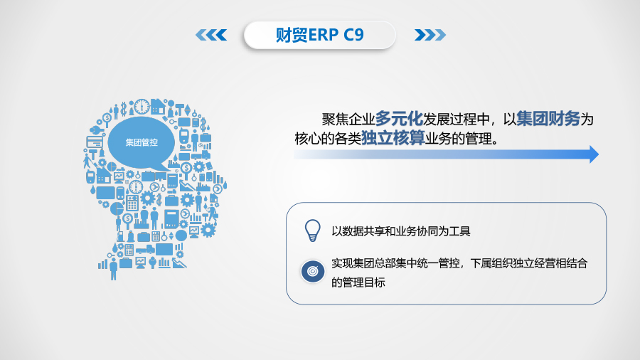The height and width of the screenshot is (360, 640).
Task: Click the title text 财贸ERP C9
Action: [319, 35]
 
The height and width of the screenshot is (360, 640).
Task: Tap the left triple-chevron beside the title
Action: [210, 35]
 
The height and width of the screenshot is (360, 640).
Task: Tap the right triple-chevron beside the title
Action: [430, 35]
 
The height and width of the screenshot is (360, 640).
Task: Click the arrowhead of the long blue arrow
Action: [594, 154]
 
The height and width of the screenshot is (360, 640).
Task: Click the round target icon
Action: [311, 271]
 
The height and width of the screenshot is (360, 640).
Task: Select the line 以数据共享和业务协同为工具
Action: [401, 231]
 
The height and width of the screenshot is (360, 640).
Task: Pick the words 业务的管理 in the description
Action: [457, 137]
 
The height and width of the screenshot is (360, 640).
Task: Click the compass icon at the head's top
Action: [142, 106]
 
